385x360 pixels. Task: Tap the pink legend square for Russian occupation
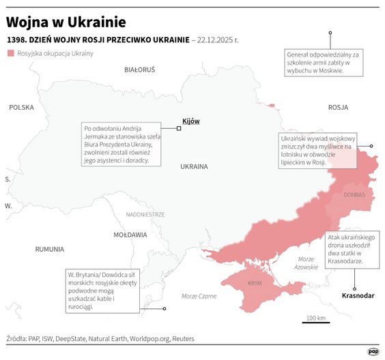pyautogui.click(x=10, y=53)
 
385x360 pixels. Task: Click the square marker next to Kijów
pyautogui.click(x=179, y=128)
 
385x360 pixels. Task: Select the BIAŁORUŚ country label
pyautogui.click(x=140, y=70)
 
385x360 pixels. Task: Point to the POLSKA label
pyautogui.click(x=21, y=107)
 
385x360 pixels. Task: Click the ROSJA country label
pyautogui.click(x=338, y=107)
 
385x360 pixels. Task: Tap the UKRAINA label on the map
pyautogui.click(x=194, y=166)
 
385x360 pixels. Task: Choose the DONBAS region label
pyautogui.click(x=354, y=195)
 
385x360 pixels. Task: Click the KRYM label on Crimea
pyautogui.click(x=255, y=282)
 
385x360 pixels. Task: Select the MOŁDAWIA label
pyautogui.click(x=130, y=235)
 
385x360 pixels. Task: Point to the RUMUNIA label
pyautogui.click(x=49, y=250)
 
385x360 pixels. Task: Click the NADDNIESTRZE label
pyautogui.click(x=145, y=214)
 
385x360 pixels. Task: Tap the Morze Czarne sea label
pyautogui.click(x=199, y=296)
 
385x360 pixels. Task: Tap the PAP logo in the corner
pyautogui.click(x=373, y=351)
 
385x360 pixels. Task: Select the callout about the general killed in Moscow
pyautogui.click(x=324, y=63)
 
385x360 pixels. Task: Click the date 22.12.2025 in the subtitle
pyautogui.click(x=216, y=40)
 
